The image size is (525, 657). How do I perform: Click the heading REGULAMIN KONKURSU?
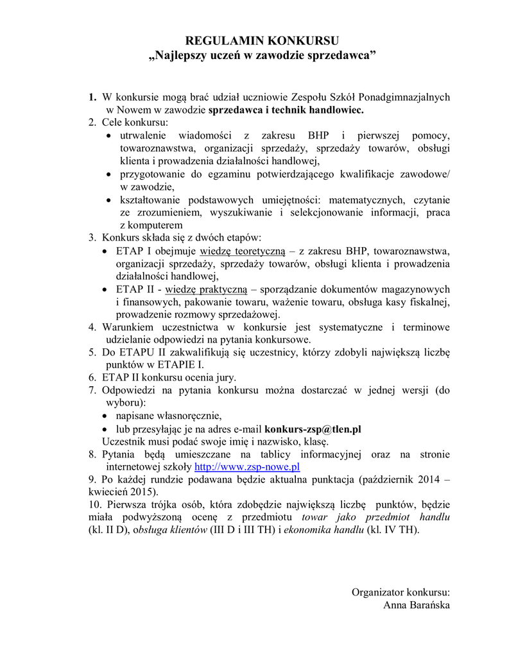(x=262, y=42)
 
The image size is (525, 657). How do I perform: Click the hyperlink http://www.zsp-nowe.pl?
(x=247, y=467)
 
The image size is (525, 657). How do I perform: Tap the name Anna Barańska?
(x=417, y=605)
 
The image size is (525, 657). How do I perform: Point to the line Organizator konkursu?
(x=400, y=592)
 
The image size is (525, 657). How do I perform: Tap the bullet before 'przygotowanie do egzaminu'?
(x=109, y=175)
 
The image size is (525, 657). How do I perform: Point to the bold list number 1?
(x=92, y=97)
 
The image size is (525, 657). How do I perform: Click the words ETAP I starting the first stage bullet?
(x=134, y=250)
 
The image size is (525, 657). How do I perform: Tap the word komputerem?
(x=151, y=225)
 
